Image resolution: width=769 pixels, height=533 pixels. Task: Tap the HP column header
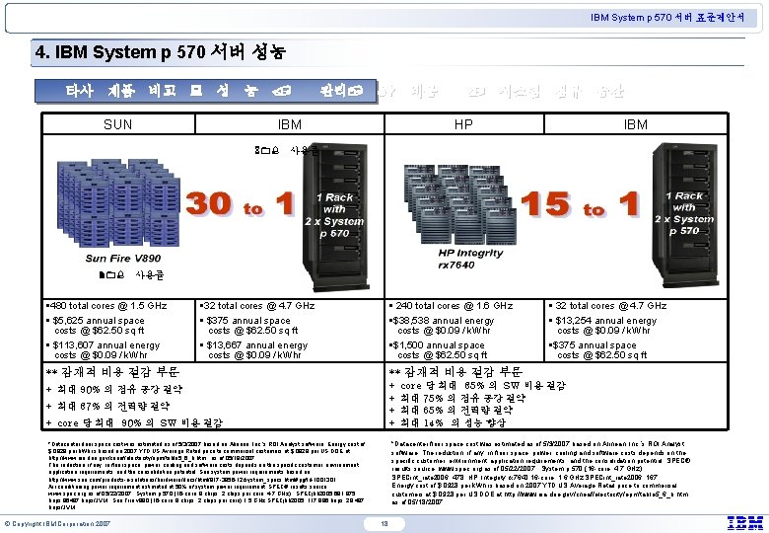pyautogui.click(x=460, y=126)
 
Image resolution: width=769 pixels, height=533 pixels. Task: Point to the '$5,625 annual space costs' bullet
pyautogui.click(x=99, y=325)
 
